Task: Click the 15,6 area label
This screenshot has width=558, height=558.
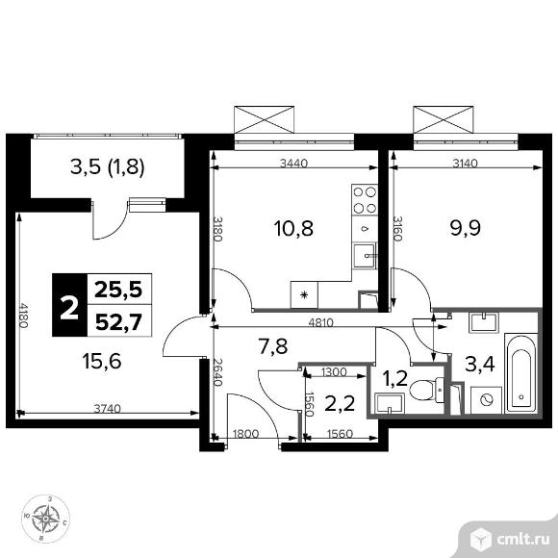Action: (x=102, y=361)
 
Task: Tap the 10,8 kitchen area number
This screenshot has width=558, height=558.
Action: (x=293, y=228)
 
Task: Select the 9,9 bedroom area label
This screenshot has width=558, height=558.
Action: (x=466, y=228)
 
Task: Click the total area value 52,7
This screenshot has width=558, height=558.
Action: (x=119, y=322)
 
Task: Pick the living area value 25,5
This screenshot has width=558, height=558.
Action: (x=118, y=290)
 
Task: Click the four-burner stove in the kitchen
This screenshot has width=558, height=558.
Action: (x=365, y=200)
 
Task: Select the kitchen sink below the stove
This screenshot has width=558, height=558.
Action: (x=365, y=256)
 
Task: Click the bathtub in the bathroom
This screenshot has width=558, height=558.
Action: (x=521, y=373)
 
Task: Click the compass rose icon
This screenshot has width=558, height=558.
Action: (x=45, y=519)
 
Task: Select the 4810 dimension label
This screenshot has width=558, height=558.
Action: (x=321, y=322)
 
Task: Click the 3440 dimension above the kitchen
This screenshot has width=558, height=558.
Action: (x=294, y=164)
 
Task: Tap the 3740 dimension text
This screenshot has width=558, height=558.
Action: (x=108, y=409)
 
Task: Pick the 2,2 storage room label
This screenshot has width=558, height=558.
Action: (x=340, y=403)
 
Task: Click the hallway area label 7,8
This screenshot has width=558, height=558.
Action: (x=273, y=346)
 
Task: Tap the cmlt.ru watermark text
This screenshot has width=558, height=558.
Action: (x=523, y=541)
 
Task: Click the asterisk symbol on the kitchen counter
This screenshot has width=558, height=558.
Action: (x=304, y=294)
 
